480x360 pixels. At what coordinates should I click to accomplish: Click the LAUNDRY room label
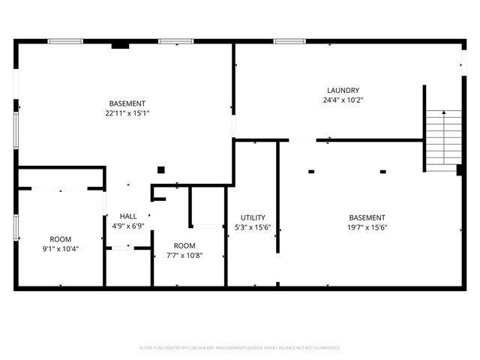coord(342,90)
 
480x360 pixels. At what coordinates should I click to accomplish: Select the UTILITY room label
coord(252,217)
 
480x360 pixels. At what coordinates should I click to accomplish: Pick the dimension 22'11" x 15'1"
coord(127,113)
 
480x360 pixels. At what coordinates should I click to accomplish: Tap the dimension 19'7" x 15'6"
coord(367,227)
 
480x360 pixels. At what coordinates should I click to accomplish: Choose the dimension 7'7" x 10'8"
coord(184,255)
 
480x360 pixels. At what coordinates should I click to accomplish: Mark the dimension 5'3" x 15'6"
coord(252,227)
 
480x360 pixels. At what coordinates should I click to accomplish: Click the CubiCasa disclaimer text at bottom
coord(240,348)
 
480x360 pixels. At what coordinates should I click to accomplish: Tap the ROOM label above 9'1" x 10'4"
coord(61,239)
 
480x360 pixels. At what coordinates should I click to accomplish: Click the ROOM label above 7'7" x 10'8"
coord(184,246)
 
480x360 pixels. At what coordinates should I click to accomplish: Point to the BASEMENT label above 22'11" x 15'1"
coord(127,103)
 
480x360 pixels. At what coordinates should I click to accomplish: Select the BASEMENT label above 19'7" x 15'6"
coord(367,217)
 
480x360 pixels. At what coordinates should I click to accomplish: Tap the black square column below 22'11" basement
coord(160,169)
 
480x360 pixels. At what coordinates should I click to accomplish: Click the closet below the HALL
coord(129,266)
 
